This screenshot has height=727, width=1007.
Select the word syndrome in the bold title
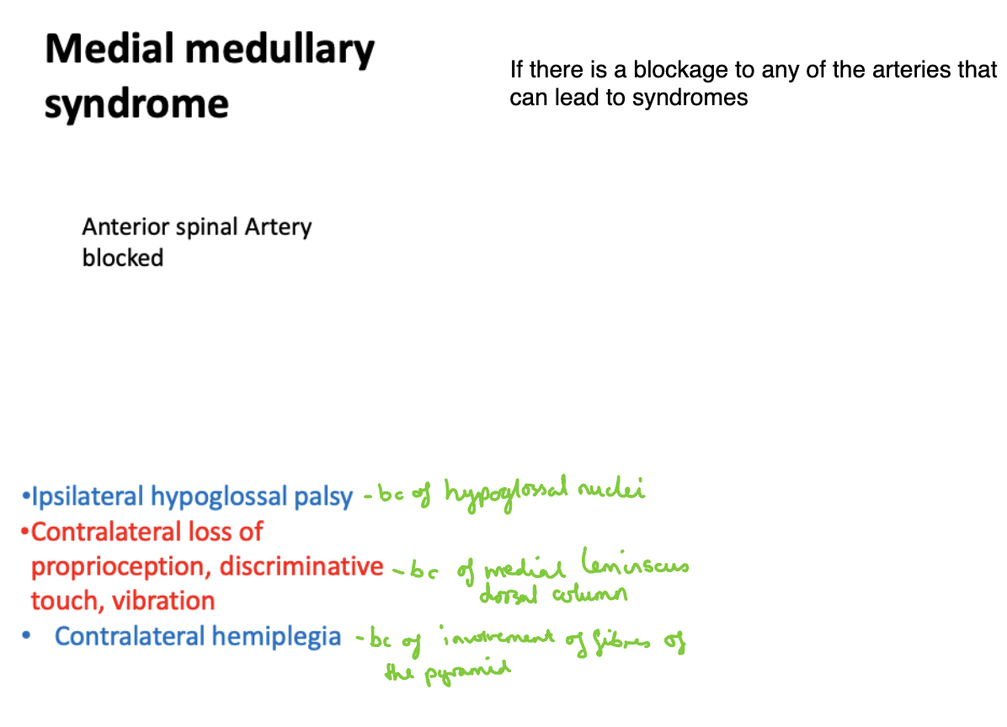click(136, 104)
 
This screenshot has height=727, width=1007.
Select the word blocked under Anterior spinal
click(122, 257)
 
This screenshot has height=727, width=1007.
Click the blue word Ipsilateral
click(88, 497)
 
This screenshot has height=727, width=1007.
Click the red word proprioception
click(121, 567)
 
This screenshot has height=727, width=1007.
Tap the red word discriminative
click(301, 566)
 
